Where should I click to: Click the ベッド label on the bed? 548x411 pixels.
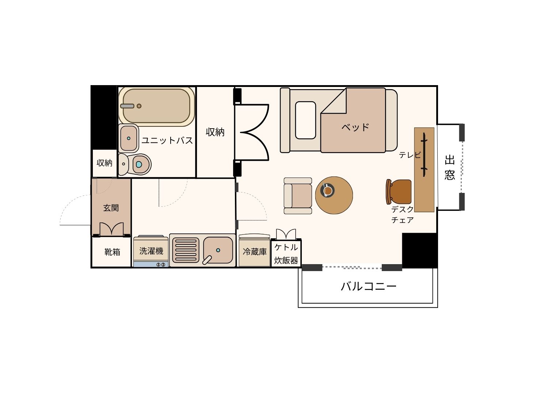coord(355,128)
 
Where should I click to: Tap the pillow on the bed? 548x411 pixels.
coord(305,120)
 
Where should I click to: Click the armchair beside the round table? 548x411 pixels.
coord(298,196)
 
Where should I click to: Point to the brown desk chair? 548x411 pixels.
coord(399,192)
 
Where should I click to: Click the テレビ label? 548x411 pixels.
coord(410,155)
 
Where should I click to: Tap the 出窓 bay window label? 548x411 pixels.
coord(449,167)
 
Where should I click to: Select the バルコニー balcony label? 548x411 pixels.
coord(369,286)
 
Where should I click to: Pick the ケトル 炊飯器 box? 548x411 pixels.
coord(286,253)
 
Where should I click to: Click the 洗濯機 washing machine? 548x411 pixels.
coord(151,251)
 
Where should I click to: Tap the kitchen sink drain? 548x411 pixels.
coord(218,250)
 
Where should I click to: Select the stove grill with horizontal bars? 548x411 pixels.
coord(186,250)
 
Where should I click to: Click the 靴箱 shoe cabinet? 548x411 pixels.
coord(112,252)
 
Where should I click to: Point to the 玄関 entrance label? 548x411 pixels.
coord(111,208)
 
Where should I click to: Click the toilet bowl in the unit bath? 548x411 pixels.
coord(139,164)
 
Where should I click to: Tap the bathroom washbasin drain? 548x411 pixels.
coord(129,138)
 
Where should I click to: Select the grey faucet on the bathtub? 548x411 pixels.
coord(128,106)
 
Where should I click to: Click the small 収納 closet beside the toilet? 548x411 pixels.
coord(104,163)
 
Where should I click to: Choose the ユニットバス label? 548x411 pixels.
coord(167,140)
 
